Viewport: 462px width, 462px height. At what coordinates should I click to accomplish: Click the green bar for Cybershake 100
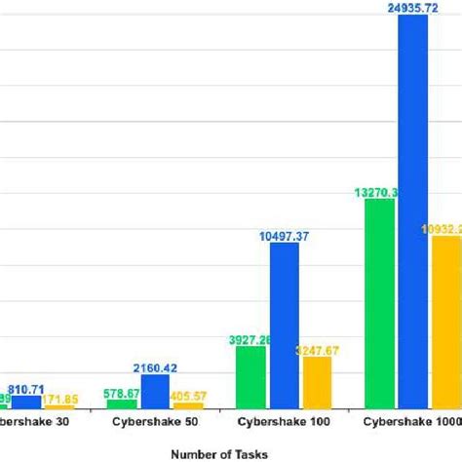(251, 375)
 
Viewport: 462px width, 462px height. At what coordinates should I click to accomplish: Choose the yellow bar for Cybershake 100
(318, 381)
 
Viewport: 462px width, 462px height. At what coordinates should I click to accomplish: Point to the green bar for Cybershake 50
(123, 402)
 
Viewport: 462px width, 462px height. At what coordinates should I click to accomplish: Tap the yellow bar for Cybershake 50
(188, 404)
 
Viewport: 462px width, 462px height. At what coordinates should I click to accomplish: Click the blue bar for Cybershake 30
(26, 401)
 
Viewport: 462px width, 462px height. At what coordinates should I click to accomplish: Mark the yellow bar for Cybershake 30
(58, 405)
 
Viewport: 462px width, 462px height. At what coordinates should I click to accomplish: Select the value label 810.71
(27, 387)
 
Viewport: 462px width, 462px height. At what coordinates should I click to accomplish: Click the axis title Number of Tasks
(217, 452)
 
